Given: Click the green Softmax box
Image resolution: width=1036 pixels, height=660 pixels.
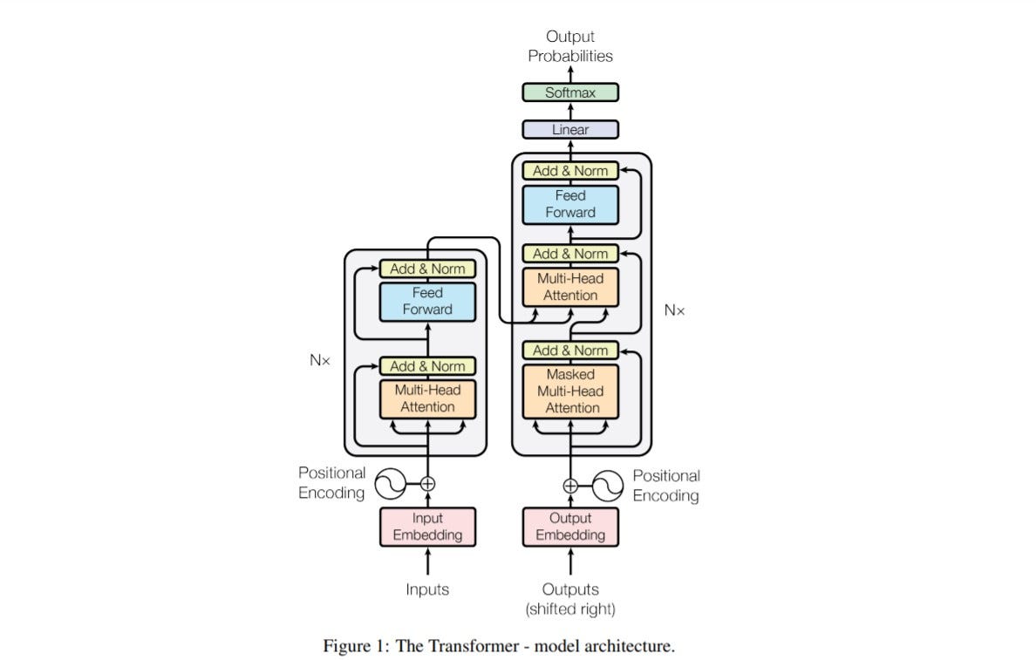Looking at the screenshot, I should click(x=570, y=92).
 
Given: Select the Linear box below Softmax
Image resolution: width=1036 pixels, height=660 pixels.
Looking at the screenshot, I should click(x=570, y=130).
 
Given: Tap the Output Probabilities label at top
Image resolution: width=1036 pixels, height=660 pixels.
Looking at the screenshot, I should click(x=570, y=46).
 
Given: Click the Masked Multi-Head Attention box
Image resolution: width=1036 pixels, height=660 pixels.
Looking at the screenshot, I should click(x=570, y=391).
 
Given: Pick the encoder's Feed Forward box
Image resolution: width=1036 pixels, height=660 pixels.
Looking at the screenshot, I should click(x=427, y=301).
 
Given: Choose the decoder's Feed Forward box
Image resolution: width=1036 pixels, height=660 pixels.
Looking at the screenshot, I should click(x=570, y=204).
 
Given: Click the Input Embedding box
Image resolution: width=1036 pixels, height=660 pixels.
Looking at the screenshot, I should click(x=427, y=527).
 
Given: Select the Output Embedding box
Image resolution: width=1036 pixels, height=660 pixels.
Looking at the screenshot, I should click(x=570, y=527).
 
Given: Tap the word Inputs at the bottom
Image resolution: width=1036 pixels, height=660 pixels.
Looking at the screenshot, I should click(x=427, y=590).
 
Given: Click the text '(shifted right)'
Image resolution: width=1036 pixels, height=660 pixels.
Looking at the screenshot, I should click(x=570, y=609).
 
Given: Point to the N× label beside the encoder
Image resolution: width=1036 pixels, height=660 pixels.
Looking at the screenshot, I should click(x=320, y=359).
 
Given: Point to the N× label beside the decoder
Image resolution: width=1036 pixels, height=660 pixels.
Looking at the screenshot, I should click(x=674, y=310).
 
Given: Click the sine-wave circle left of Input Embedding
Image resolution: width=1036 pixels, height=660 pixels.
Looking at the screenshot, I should click(x=390, y=483).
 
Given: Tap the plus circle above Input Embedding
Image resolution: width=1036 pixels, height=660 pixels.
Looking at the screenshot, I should click(x=427, y=483).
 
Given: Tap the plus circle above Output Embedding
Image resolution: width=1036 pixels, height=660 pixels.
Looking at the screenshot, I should click(x=570, y=486).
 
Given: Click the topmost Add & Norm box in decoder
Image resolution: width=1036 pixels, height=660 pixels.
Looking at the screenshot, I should click(x=570, y=171).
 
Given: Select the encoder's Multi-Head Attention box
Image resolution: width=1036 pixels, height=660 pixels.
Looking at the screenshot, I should click(x=427, y=398).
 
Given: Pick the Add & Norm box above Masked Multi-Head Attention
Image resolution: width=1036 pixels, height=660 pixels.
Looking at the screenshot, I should click(x=570, y=350).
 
